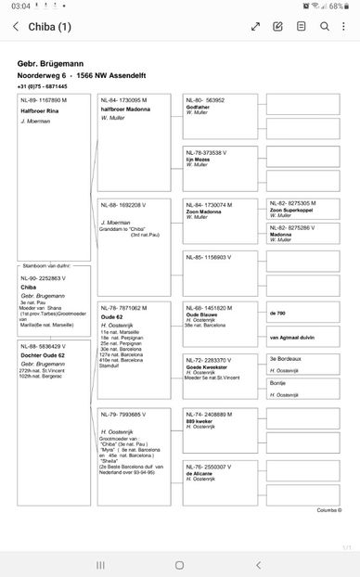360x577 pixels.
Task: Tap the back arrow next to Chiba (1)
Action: [15, 27]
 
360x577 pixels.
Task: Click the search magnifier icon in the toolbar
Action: [325, 27]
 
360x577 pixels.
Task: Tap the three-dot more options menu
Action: [346, 27]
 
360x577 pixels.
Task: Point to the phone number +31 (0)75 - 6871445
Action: [42, 85]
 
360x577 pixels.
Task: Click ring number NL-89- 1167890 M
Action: [44, 100]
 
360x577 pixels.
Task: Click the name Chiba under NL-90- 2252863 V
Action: [29, 287]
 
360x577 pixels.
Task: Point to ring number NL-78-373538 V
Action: [210, 152]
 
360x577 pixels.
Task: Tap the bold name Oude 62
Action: [111, 315]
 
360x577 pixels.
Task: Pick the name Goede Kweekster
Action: [207, 367]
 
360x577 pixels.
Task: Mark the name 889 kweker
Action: [199, 420]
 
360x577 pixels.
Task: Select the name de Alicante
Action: [199, 474]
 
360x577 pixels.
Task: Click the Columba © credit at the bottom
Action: [328, 510]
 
